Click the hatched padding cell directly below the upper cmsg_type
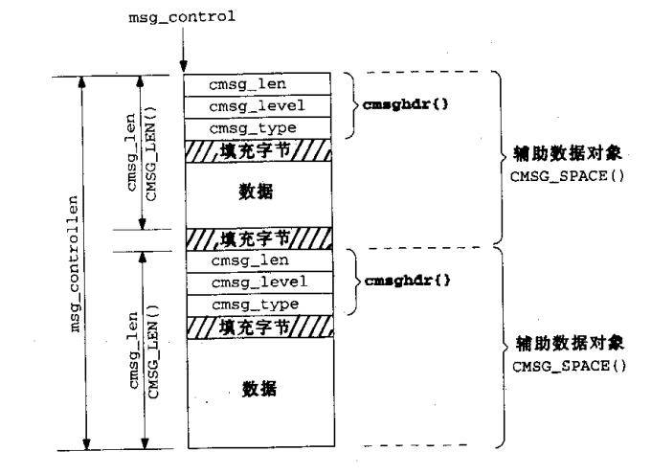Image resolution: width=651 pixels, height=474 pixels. (258, 149)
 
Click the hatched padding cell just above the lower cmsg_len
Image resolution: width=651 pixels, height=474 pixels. (258, 237)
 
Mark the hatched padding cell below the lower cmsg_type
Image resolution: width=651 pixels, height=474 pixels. (258, 326)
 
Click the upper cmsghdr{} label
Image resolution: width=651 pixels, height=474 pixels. (393, 105)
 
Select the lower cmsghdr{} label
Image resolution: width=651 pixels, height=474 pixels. (393, 282)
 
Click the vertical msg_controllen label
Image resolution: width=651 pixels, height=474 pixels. (74, 260)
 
